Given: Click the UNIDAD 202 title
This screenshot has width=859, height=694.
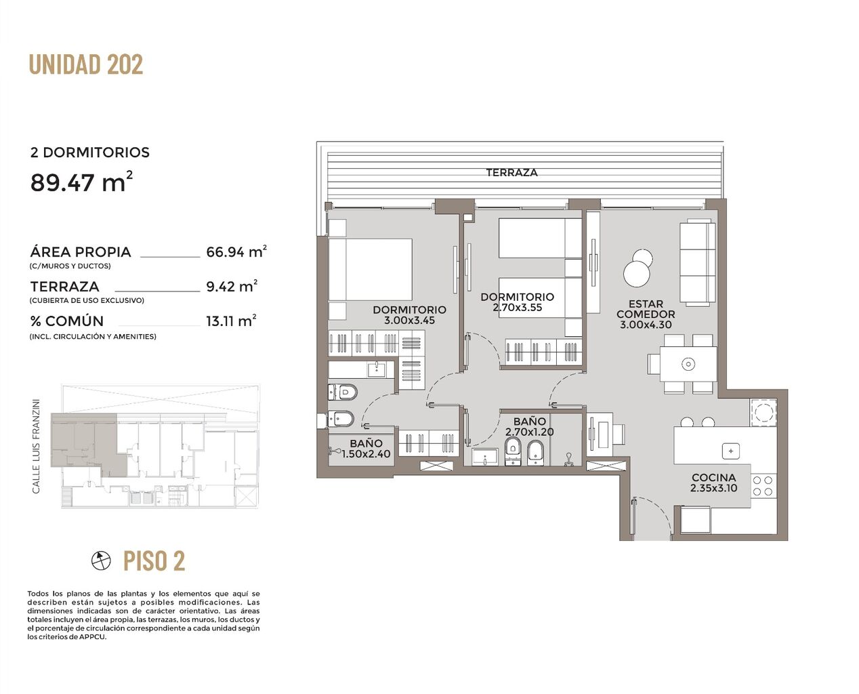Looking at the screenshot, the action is tap(86, 64).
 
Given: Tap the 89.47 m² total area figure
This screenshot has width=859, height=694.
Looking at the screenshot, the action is tap(81, 182).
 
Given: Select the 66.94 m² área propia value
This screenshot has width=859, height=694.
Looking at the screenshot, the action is tap(236, 251).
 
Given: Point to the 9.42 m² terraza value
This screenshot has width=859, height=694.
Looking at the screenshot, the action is tap(232, 286).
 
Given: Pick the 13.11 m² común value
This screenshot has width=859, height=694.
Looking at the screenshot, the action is tap(232, 321).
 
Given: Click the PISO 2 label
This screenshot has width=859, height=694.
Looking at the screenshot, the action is tap(154, 560).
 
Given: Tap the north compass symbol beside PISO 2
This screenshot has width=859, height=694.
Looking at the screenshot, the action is tap(101, 560).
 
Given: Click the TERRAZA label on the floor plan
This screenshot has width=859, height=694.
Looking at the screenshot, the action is tap(511, 173).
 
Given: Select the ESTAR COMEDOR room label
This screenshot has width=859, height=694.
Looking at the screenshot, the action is tap(646, 309).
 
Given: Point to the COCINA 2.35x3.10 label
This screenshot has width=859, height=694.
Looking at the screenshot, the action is tap(714, 483).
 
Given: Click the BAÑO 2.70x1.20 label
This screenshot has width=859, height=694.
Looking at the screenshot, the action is tap(530, 426).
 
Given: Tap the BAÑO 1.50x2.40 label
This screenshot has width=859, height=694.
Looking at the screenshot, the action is tap(366, 449).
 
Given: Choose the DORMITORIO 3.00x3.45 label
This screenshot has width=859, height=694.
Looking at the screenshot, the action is tap(409, 315).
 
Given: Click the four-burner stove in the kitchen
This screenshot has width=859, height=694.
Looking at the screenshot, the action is tap(763, 486).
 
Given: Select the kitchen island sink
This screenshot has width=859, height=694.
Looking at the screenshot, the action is tap(730, 451).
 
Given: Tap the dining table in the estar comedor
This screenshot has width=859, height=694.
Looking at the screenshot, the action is tap(688, 364).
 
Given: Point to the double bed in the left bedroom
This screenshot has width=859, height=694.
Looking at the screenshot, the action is tap(370, 270).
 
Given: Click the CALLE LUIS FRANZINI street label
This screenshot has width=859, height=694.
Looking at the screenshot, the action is tap(37, 446).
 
